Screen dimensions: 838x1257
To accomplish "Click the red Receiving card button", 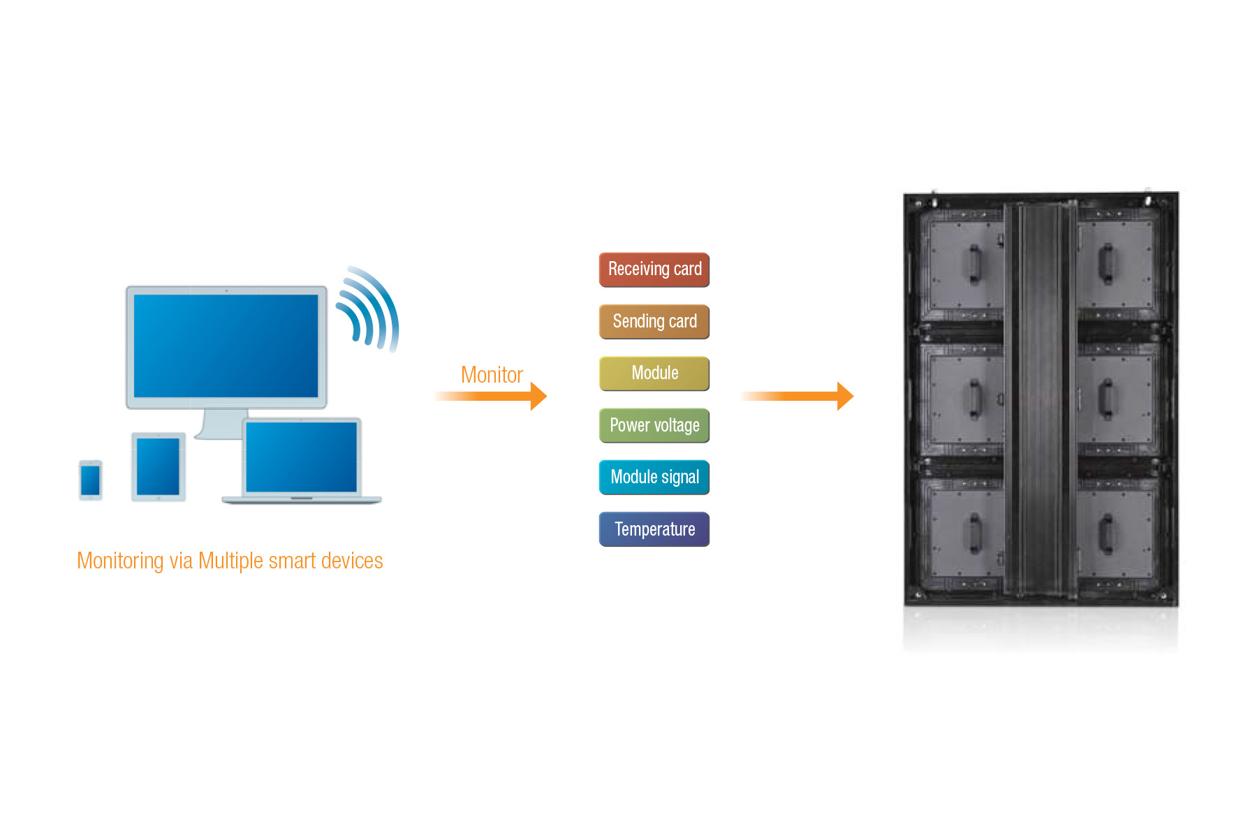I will (x=654, y=270).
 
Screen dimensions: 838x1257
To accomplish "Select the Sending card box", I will (x=654, y=322).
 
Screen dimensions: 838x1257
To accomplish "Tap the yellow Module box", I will (x=654, y=374).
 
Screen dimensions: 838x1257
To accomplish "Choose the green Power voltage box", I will (x=654, y=425).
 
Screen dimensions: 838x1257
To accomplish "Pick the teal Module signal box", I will (x=654, y=478).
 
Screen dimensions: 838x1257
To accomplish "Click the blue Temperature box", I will (x=654, y=529).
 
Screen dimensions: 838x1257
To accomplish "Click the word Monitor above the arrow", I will (x=492, y=375).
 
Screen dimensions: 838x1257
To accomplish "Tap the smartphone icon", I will (x=91, y=480).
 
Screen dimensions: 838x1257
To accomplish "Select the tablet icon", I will (x=159, y=466).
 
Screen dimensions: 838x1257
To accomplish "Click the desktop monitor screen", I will (x=226, y=346).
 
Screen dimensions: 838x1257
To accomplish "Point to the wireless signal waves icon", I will (x=368, y=309).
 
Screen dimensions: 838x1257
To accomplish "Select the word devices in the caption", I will (x=352, y=561).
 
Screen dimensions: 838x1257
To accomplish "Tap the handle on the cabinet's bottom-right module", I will (x=1106, y=534).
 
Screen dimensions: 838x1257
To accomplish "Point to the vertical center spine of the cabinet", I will (x=1041, y=399).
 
